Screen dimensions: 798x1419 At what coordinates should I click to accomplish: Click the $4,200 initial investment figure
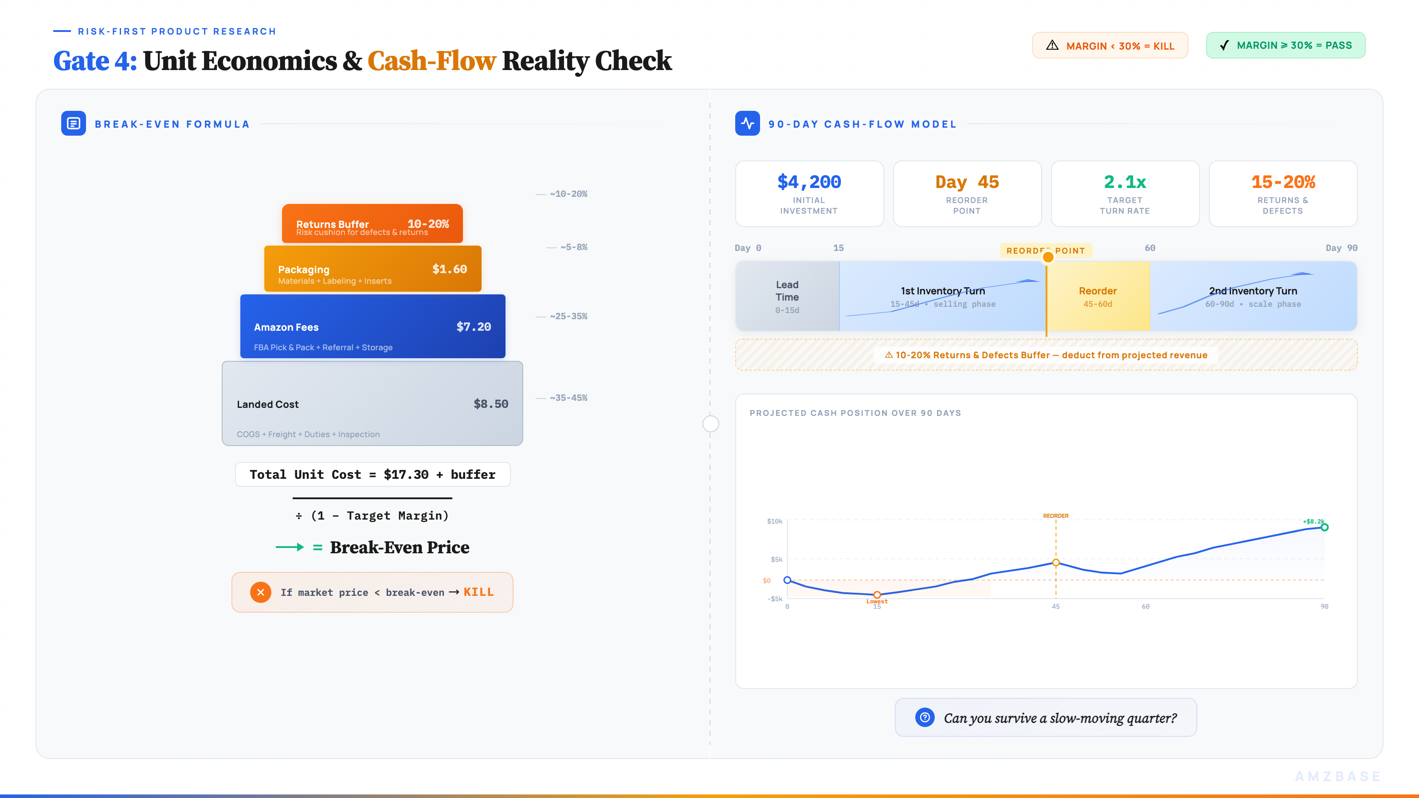809,182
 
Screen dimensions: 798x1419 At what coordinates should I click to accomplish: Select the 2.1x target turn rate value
1124,182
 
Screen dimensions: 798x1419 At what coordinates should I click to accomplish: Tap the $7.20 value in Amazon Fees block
473,327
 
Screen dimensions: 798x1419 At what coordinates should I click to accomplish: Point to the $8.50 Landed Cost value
490,404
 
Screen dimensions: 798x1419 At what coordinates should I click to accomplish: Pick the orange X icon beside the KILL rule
261,592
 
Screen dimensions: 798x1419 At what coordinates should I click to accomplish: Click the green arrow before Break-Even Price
290,547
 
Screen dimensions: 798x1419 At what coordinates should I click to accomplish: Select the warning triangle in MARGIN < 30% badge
1052,45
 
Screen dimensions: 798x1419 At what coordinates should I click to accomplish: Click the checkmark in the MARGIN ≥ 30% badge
1224,45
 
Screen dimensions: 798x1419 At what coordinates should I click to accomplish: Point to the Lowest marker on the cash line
877,595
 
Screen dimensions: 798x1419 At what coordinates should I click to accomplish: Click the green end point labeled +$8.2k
1324,527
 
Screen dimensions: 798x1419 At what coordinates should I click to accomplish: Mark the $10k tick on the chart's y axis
775,521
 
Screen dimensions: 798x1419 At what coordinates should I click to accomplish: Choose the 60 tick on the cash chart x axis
1145,606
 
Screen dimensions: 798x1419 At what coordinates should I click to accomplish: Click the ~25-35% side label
568,316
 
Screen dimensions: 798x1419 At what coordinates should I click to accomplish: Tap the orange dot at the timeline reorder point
1048,257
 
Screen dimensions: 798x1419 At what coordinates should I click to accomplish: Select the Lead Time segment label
787,291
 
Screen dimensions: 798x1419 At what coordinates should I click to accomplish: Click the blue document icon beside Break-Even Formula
73,123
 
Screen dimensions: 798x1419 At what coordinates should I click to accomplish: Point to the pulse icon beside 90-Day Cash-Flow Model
747,123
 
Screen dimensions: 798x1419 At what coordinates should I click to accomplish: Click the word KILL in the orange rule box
478,592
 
